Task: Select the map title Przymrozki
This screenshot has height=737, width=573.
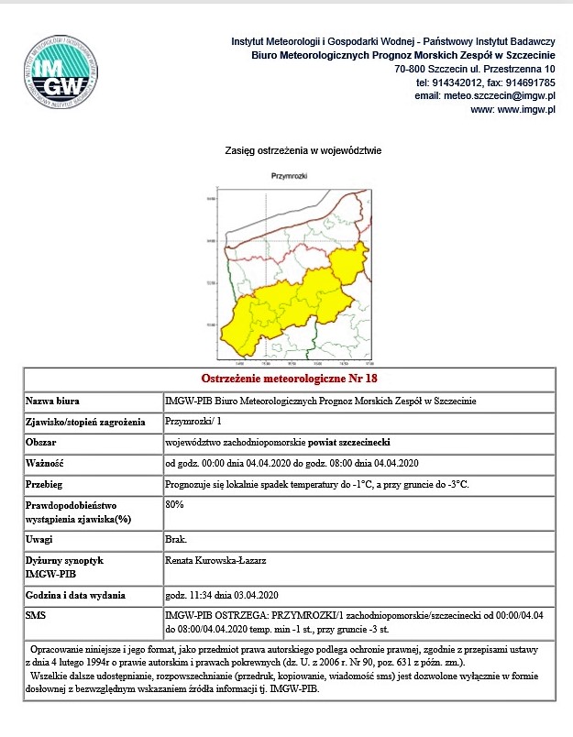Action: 289,175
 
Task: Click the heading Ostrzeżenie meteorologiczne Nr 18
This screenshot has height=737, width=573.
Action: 289,379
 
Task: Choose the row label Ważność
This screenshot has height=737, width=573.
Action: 45,462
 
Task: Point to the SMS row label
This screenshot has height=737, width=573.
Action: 37,613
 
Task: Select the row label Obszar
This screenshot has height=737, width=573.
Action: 43,442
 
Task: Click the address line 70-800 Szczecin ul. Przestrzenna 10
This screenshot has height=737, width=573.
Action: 474,69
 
